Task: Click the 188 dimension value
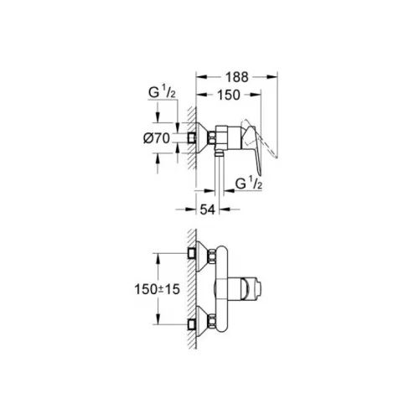pos(237,77)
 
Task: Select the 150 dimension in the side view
pos(229,95)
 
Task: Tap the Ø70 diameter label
pos(157,138)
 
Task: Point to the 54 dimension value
pos(208,209)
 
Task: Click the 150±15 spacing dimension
pos(157,289)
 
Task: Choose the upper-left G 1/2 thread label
pos(162,92)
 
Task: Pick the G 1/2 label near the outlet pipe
pos(249,184)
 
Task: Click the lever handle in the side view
pos(254,149)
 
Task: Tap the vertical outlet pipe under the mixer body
pos(220,173)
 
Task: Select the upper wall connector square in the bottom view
pos(191,253)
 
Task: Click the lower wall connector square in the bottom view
pos(191,324)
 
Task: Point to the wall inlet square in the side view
pos(191,137)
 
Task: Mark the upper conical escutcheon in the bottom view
pos(203,256)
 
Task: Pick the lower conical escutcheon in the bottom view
pos(203,321)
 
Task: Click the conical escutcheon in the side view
pos(203,137)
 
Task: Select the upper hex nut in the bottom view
pos(213,256)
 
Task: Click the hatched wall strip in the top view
pos(192,137)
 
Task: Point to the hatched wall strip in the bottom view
pos(192,289)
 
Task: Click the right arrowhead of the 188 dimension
pos(272,77)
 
